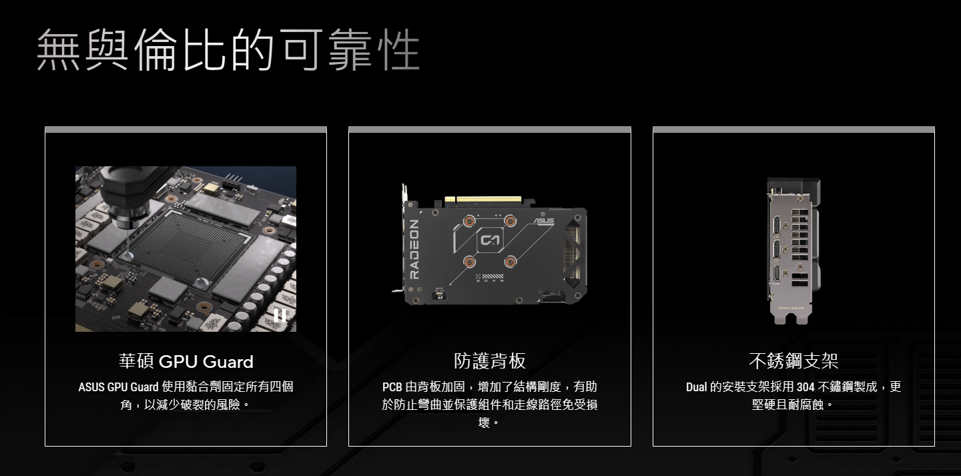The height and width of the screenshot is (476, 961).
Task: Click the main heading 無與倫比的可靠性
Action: pos(228,49)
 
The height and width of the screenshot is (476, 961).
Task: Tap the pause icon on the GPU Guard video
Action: pos(280,316)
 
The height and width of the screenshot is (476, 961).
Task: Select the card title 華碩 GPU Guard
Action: pos(186,361)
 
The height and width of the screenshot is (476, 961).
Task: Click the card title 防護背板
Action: pos(490,361)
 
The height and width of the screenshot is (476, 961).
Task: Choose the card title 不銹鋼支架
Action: pos(793,361)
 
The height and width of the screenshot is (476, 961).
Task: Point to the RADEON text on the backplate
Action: pos(414,250)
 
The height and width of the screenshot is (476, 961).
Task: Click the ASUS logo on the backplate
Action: pos(544,220)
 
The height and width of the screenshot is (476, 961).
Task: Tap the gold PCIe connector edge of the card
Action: pos(489,200)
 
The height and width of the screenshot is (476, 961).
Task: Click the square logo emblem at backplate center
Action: pos(490,240)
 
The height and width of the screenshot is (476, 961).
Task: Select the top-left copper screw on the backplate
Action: pos(469,220)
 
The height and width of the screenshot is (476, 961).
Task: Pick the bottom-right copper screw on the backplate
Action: pos(510,261)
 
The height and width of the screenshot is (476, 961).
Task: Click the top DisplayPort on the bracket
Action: pos(777,226)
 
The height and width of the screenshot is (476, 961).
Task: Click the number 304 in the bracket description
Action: pos(806,387)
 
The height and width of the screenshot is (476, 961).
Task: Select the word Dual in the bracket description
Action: pos(696,387)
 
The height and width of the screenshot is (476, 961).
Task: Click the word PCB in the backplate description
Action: pos(392,387)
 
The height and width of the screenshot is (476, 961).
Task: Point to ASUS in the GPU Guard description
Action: pos(91,387)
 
